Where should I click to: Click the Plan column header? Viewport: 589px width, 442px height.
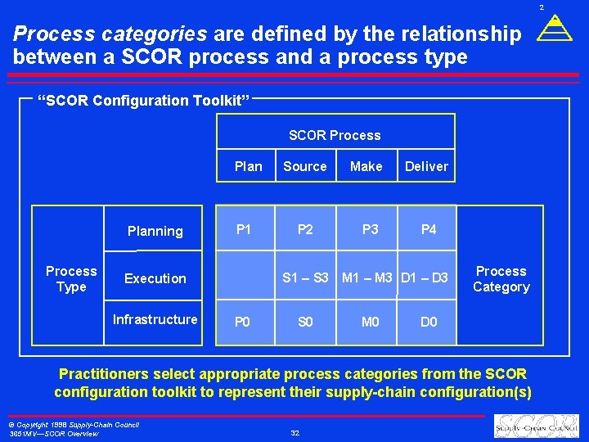(248, 166)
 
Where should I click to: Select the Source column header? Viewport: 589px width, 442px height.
(304, 166)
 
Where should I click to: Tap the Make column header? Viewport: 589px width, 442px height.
(366, 166)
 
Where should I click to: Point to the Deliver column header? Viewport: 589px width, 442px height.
(426, 166)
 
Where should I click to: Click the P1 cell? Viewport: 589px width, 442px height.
(244, 229)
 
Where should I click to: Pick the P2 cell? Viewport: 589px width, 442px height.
(305, 229)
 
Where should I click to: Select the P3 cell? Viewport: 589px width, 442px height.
(371, 229)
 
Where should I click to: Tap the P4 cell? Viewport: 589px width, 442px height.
(429, 229)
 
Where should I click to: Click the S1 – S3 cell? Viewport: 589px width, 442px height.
(305, 278)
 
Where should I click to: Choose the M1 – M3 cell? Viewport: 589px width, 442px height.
(367, 278)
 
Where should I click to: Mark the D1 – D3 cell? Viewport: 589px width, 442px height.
(425, 278)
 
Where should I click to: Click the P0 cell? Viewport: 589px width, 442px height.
(243, 322)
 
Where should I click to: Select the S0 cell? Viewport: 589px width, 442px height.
(305, 322)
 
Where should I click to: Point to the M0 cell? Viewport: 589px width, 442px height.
(371, 322)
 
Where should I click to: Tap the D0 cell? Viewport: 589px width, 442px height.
(429, 322)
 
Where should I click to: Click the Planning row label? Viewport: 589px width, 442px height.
(155, 231)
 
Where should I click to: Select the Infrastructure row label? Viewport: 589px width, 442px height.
(155, 319)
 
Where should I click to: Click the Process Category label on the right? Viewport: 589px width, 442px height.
(501, 279)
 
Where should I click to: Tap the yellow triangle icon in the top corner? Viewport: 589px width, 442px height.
(555, 30)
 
